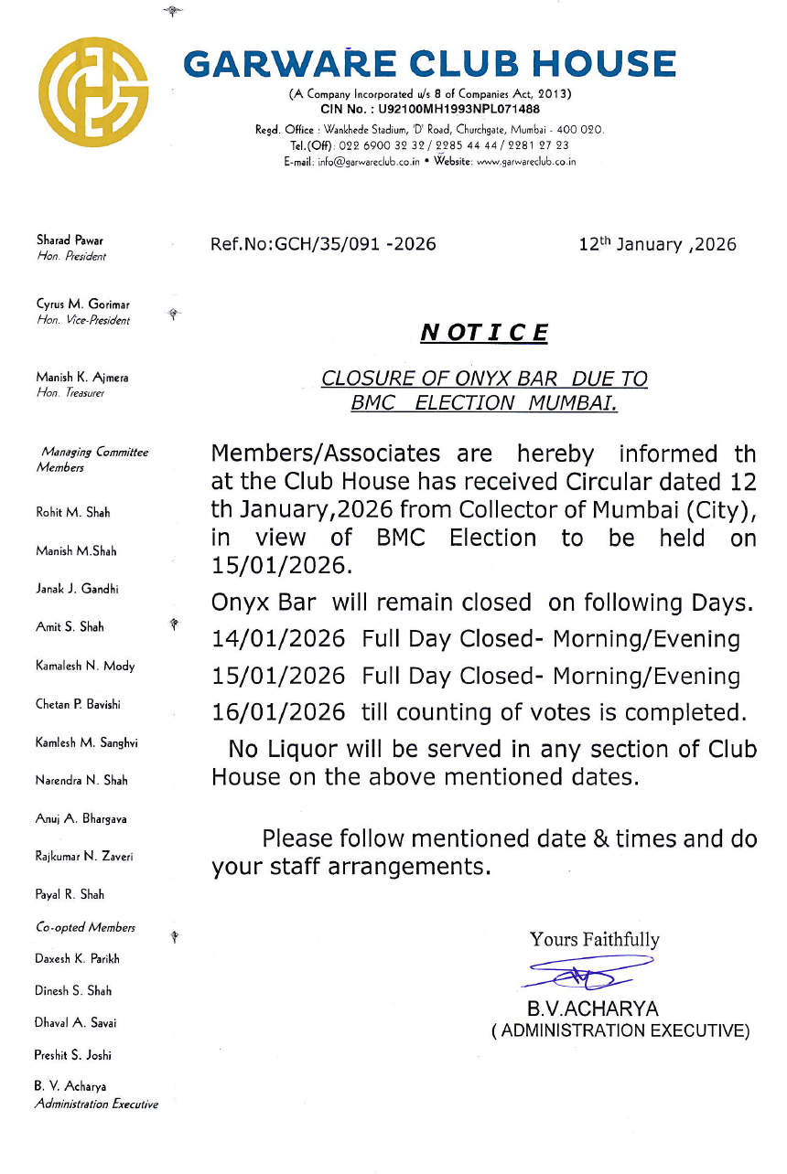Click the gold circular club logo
tap(100, 91)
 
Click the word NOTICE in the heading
tap(483, 332)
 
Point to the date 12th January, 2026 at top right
tap(657, 244)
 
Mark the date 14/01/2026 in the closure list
tap(278, 639)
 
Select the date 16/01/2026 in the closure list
tap(278, 712)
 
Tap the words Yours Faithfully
tap(594, 939)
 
